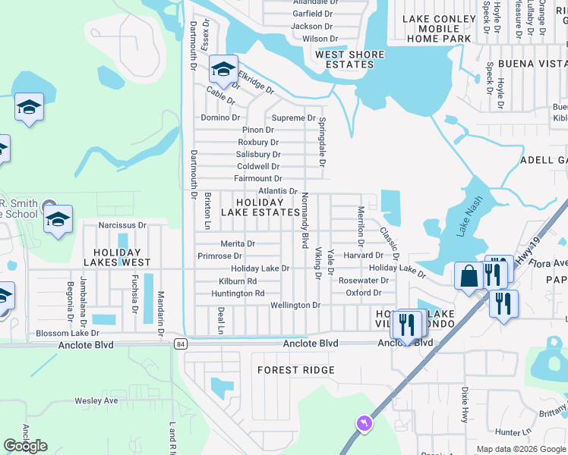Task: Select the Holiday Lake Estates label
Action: tap(260, 207)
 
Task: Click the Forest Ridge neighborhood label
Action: tap(296, 370)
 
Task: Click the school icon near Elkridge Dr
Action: tap(223, 70)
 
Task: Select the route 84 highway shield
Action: tap(179, 344)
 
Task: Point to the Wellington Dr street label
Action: tap(295, 305)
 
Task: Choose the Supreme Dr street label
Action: tap(293, 118)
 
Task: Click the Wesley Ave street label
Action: tap(96, 400)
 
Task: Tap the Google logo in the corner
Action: tap(25, 446)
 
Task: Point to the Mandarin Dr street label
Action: tap(161, 313)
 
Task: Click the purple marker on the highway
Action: tap(365, 422)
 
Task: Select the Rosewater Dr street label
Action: tap(364, 281)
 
